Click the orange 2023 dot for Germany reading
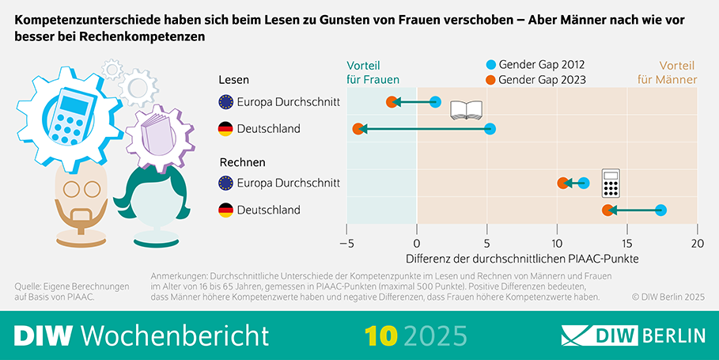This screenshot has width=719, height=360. point(358,129)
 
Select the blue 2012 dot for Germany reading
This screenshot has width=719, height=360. point(490,129)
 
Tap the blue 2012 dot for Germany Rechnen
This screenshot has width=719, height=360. point(660,210)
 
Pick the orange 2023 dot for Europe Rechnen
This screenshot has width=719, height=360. point(562,183)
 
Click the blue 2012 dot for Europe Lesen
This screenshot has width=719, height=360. point(435,101)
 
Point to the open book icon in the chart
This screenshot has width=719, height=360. point(466,110)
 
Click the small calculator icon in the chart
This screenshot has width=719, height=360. point(610,183)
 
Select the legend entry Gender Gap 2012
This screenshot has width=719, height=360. point(540,65)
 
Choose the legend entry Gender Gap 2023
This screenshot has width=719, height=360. point(540,80)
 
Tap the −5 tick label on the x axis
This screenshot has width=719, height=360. point(346,243)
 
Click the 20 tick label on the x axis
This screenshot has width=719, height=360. point(696,243)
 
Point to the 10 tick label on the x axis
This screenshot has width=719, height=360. point(557,243)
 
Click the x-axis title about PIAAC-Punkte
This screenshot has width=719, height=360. point(521,258)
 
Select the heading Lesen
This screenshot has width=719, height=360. point(234,80)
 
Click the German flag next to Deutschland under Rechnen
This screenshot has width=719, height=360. point(225,210)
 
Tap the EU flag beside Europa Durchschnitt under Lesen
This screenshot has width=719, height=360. point(225,101)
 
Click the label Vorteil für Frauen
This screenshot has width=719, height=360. point(373,72)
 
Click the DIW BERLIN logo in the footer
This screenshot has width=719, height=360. point(633,335)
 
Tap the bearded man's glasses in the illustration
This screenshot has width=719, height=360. point(81,189)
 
